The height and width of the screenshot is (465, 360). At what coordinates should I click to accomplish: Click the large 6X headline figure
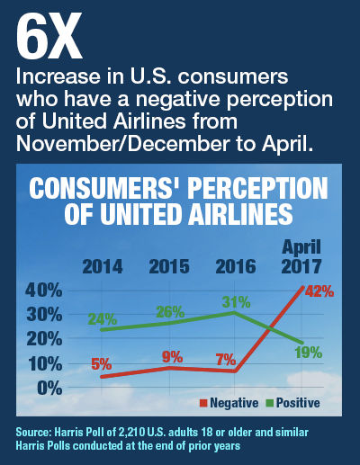pyautogui.click(x=49, y=36)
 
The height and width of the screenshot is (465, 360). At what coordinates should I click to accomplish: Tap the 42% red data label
pyautogui.click(x=319, y=291)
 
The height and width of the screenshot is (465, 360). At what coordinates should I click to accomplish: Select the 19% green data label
pyautogui.click(x=309, y=353)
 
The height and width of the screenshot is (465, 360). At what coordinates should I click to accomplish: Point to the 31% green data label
pyautogui.click(x=236, y=302)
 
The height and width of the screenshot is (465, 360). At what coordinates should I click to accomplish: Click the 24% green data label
pyautogui.click(x=103, y=319)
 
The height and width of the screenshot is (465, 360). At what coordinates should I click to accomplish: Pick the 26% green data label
pyautogui.click(x=170, y=312)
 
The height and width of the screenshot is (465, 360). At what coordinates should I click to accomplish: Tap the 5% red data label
pyautogui.click(x=102, y=364)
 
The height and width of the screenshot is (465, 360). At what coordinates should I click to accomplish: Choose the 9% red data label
pyautogui.click(x=173, y=357)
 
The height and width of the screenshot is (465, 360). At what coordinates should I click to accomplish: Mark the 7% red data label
pyautogui.click(x=226, y=360)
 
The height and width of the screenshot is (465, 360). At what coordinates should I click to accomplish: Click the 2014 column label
pyautogui.click(x=103, y=266)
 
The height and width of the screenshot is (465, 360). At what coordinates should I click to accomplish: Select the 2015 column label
pyautogui.click(x=169, y=266)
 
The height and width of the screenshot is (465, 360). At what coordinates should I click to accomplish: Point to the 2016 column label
pyautogui.click(x=236, y=266)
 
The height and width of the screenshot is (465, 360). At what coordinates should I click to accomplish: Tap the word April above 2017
pyautogui.click(x=301, y=248)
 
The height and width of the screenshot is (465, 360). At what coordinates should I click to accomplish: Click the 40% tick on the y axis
pyautogui.click(x=44, y=291)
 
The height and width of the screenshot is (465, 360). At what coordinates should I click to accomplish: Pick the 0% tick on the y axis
pyautogui.click(x=49, y=389)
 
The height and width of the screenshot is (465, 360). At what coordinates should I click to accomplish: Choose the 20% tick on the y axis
pyautogui.click(x=44, y=339)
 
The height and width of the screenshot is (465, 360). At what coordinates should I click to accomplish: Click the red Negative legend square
pyautogui.click(x=203, y=403)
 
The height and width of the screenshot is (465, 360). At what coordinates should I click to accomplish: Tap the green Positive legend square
pyautogui.click(x=270, y=403)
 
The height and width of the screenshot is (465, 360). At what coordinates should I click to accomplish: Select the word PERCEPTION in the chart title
pyautogui.click(x=259, y=188)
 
